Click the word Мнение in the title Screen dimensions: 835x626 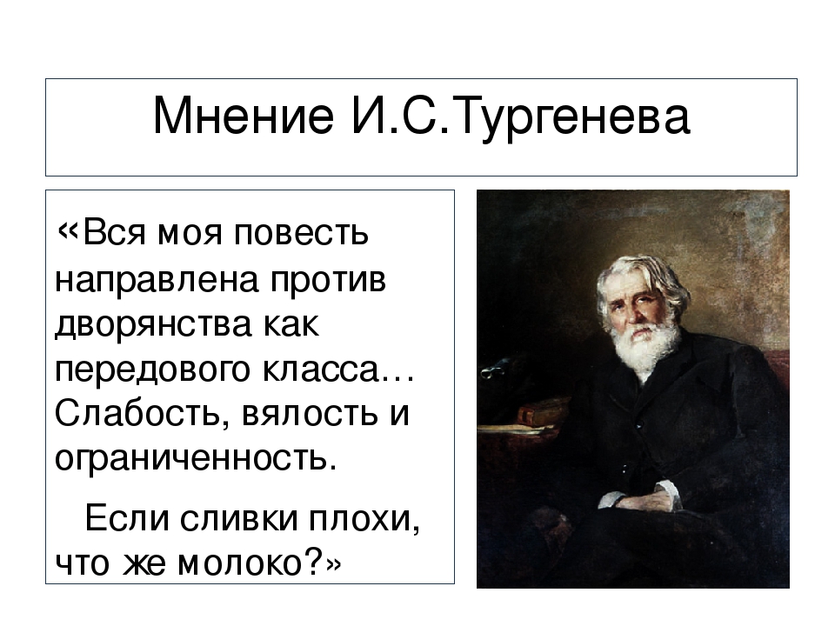coord(244,116)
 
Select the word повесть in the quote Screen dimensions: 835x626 coord(302,233)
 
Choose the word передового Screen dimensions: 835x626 coord(152,371)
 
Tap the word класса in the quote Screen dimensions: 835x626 coord(320,370)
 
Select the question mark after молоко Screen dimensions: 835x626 coord(314,562)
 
